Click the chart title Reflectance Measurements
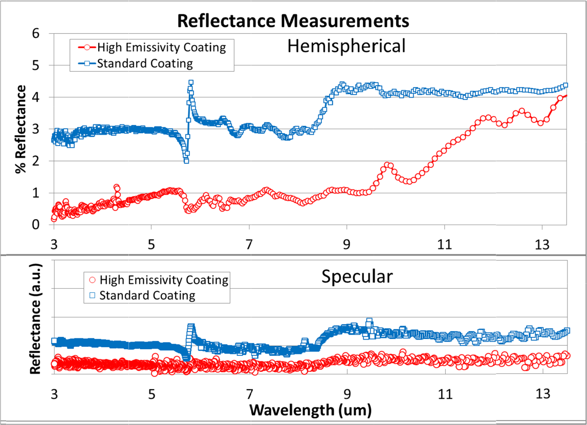293,21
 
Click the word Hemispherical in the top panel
346,47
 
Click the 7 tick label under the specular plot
249,394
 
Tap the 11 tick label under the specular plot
445,394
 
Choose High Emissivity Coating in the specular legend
164,280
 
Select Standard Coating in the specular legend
147,295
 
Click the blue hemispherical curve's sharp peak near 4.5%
191,82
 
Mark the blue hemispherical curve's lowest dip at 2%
186,160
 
